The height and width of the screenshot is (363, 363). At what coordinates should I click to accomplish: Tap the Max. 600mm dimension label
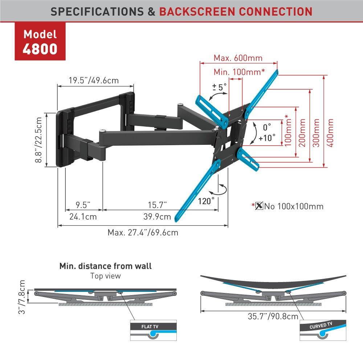(238, 58)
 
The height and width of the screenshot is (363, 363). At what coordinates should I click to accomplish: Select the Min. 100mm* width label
(239, 72)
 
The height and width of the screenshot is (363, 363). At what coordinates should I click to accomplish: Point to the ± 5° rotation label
(219, 87)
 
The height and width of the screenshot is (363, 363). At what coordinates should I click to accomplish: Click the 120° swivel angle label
(206, 201)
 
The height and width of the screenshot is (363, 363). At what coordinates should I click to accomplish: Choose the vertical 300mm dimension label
(316, 132)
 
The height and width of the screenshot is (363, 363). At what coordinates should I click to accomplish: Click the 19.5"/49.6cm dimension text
(94, 80)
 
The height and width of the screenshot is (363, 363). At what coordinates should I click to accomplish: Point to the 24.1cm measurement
(83, 217)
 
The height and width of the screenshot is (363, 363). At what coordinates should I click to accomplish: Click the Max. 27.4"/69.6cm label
(143, 232)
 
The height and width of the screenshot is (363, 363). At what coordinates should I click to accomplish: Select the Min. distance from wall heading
(105, 266)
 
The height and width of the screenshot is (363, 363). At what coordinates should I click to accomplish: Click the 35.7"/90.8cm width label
(273, 316)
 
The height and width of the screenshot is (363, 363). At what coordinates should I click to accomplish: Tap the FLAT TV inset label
(150, 326)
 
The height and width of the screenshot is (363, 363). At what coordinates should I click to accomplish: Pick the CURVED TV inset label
(321, 325)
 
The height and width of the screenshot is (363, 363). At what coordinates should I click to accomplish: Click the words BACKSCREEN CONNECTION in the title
(236, 11)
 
